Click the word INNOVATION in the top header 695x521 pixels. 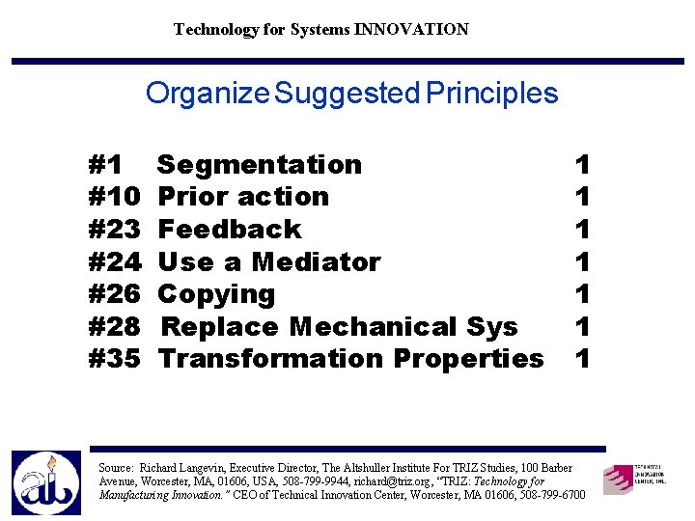point(411,29)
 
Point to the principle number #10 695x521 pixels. point(115,197)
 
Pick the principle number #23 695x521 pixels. point(115,230)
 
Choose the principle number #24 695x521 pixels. point(115,261)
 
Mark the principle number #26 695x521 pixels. point(115,294)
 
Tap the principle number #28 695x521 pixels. point(115,326)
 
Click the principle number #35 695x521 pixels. point(115,359)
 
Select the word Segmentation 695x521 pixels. point(260,165)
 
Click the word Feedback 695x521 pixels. point(230,230)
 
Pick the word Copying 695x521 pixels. point(216,294)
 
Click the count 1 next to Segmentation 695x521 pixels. point(582,165)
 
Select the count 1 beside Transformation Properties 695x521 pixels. point(582,359)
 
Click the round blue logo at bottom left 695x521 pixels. point(46,482)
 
